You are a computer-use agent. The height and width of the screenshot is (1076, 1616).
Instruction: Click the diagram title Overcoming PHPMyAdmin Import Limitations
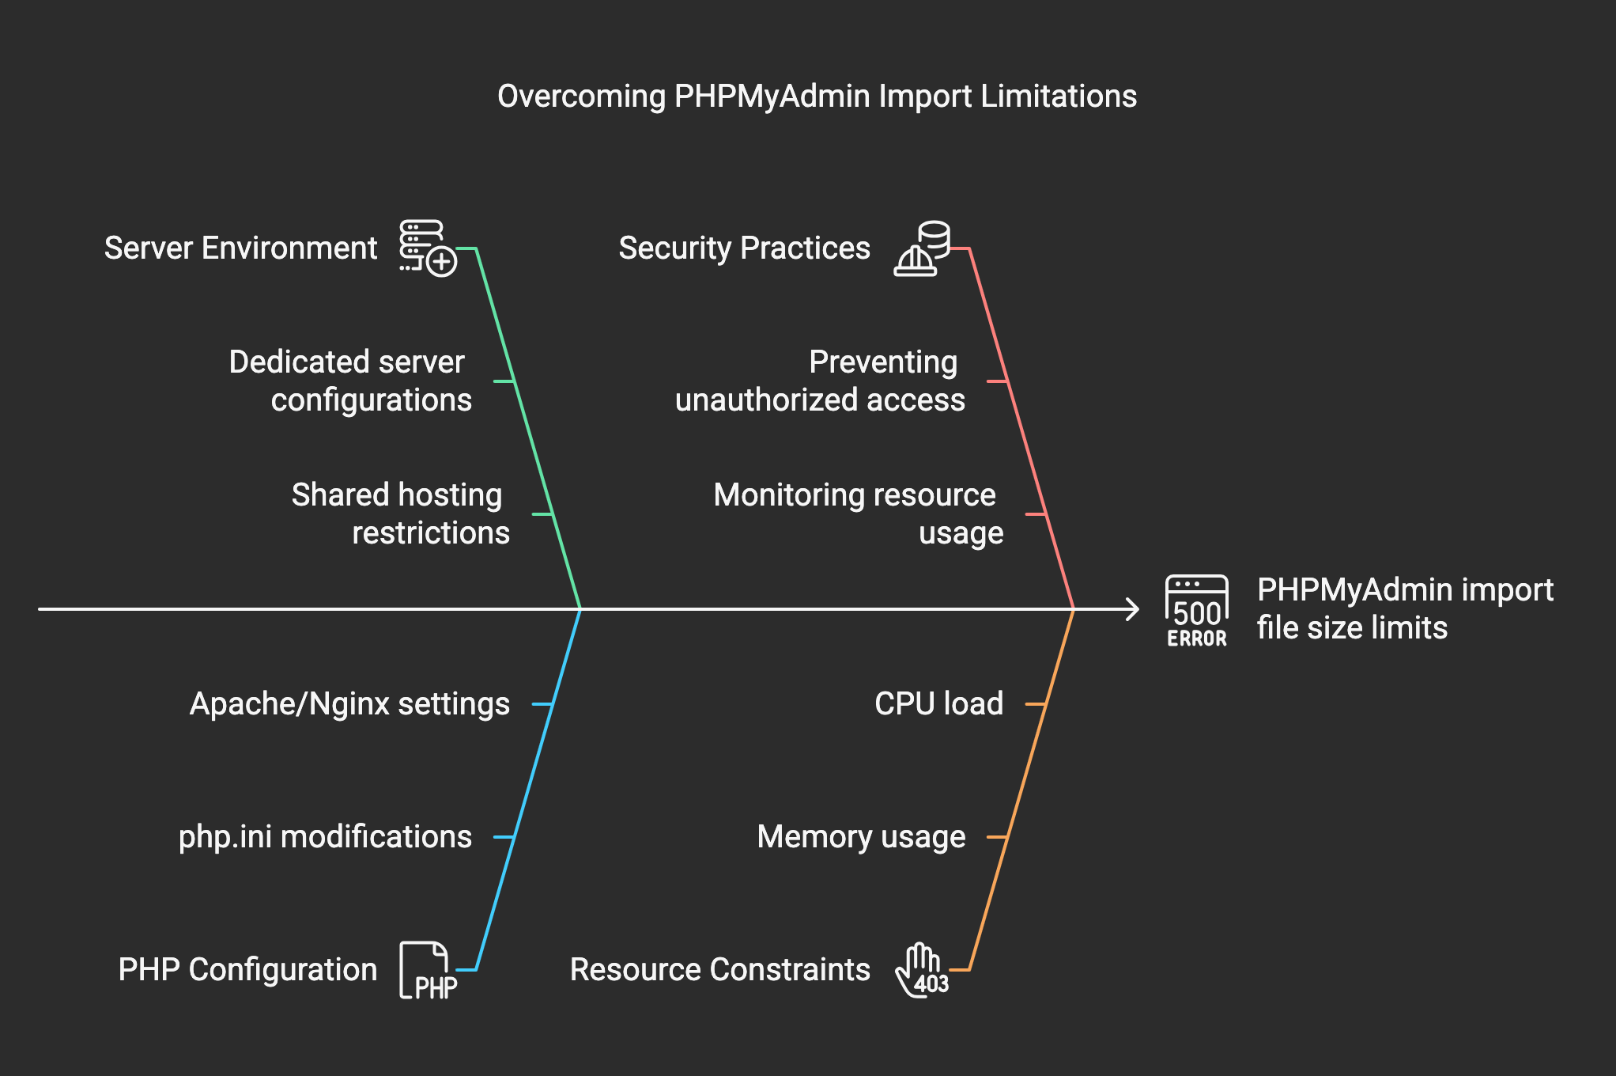tap(817, 97)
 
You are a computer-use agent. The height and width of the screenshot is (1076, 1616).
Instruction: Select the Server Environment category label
tap(240, 248)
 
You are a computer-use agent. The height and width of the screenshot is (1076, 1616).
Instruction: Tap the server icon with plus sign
tap(428, 248)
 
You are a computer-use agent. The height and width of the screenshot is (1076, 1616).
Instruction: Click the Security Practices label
tap(744, 248)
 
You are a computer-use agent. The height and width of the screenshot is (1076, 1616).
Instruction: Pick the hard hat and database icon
tap(922, 248)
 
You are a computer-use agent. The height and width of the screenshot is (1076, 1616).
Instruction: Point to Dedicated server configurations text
tap(350, 381)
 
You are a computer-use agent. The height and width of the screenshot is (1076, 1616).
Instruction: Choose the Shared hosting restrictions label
tap(400, 514)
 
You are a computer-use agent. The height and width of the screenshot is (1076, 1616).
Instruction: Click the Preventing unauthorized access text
tap(820, 381)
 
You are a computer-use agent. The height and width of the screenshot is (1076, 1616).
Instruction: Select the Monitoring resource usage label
tap(858, 514)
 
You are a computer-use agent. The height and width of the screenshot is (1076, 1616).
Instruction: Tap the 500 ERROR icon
tap(1197, 611)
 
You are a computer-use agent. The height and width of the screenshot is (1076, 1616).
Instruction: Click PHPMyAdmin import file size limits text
tap(1405, 609)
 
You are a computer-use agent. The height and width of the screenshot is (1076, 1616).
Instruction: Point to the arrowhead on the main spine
tap(1135, 609)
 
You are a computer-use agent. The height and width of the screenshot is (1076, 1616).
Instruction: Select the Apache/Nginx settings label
tap(349, 704)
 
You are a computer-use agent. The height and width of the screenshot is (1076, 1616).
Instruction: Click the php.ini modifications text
tap(325, 837)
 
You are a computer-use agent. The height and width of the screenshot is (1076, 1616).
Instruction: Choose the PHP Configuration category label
tap(247, 970)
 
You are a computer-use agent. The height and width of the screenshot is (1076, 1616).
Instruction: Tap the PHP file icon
tap(428, 971)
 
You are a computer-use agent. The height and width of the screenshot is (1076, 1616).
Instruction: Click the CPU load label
tap(938, 704)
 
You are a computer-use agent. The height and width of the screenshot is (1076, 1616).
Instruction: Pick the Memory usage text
tap(861, 837)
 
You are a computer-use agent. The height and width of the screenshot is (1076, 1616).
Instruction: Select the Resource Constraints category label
tap(719, 970)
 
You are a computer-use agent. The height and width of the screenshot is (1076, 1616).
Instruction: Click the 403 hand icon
tap(922, 971)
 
